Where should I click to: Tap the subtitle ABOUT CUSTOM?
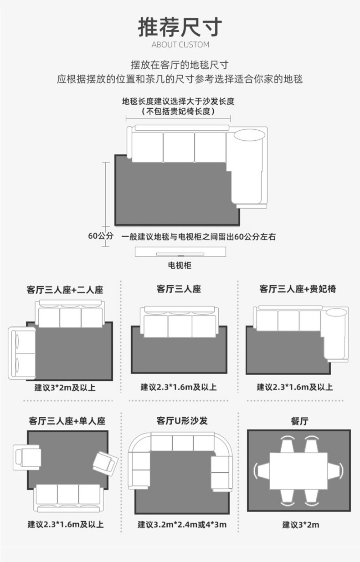click(x=180, y=45)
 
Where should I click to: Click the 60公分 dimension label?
click(x=100, y=236)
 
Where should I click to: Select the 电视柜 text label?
click(x=180, y=265)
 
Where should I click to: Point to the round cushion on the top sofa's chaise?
click(x=249, y=135)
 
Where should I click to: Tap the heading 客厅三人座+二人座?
click(x=65, y=290)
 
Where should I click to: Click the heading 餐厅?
click(x=299, y=421)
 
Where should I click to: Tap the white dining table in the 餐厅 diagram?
click(x=298, y=471)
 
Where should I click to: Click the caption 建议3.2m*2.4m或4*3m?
click(x=182, y=525)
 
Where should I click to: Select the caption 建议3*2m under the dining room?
click(x=300, y=525)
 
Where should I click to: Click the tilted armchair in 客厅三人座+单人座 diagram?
click(x=105, y=463)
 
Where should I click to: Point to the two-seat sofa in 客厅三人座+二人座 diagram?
click(x=23, y=353)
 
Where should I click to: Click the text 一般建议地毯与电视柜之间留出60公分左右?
click(x=199, y=237)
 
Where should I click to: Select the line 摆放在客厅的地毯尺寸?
click(x=180, y=65)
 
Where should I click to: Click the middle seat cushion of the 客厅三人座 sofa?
click(x=180, y=327)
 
